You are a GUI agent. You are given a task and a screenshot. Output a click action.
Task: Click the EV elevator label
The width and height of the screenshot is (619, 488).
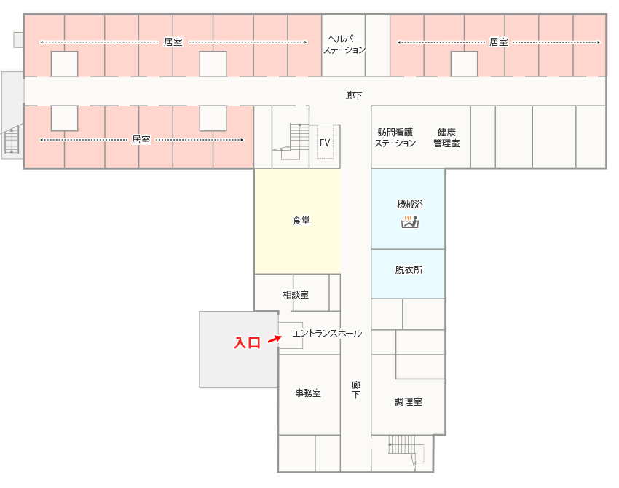pos(325,143)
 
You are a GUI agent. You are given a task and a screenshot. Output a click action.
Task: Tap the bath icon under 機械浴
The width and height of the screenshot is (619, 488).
pos(410,221)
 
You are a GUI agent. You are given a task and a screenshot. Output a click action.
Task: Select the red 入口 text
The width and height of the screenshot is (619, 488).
pos(248,342)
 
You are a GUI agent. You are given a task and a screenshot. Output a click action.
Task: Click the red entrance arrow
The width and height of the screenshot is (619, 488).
pos(275,339)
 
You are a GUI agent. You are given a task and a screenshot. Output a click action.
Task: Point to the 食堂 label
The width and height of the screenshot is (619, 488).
pos(301,220)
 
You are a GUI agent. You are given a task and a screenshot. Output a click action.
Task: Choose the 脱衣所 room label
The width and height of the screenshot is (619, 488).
pos(409,269)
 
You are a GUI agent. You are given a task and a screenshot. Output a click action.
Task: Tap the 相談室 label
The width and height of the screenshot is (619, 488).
pos(296,294)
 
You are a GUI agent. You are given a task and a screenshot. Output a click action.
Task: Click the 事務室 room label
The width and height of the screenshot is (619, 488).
pos(308,393)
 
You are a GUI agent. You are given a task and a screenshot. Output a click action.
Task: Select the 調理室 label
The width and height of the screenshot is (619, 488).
pos(409,402)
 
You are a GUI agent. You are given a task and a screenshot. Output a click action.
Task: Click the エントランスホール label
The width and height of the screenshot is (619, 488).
pos(327,334)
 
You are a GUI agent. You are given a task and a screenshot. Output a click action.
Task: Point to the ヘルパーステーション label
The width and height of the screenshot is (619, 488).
pos(344,44)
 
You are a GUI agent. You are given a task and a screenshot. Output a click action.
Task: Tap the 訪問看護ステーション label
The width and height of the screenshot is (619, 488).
pos(395,138)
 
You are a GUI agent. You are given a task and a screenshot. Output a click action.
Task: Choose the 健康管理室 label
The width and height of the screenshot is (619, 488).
pos(446,138)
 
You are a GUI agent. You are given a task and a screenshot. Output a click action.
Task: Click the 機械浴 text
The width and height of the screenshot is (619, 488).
pos(410,204)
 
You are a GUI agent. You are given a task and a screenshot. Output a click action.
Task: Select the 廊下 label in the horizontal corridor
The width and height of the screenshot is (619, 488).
pos(354,95)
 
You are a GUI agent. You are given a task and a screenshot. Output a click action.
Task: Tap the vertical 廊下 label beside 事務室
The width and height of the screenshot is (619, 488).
pos(356,390)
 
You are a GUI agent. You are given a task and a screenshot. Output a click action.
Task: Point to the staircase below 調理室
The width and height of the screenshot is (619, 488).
pos(406,450)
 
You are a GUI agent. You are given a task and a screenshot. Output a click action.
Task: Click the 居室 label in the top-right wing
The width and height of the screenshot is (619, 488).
pos(499,42)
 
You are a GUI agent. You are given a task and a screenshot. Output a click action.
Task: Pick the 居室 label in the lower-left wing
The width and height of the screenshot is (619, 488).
pos(141,139)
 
